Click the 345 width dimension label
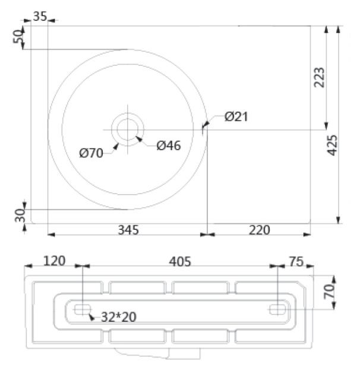click(128, 230)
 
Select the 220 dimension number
click(259, 230)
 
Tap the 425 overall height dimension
click(332, 145)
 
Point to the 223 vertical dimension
click(319, 77)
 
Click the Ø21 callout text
click(236, 116)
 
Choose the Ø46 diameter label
click(169, 145)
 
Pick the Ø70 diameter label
click(91, 153)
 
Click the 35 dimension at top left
click(40, 17)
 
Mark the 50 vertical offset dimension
click(18, 36)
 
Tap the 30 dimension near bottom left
click(20, 215)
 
